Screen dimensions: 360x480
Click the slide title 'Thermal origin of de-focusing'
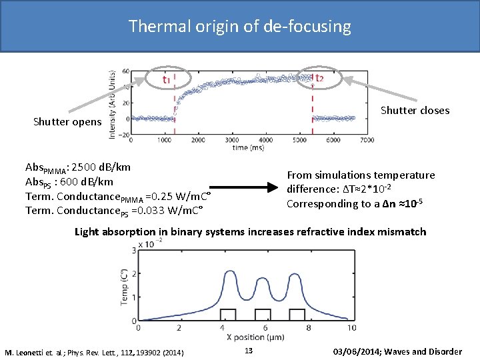coord(239,26)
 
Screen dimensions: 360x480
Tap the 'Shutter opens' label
coord(67,122)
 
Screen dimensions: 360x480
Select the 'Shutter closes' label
coord(415,110)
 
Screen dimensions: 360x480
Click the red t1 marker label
coord(166,79)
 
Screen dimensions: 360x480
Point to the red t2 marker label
coord(319,79)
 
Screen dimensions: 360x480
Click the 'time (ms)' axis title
coord(247,148)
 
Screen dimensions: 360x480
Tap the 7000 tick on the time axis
coord(366,141)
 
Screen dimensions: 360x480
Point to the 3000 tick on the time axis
coord(231,141)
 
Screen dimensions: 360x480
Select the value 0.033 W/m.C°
coord(174,211)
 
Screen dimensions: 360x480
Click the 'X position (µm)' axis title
coord(243,337)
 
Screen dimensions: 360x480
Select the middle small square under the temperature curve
coord(263,315)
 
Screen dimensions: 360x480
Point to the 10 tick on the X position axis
coord(351,328)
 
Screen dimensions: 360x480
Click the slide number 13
coord(248,351)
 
